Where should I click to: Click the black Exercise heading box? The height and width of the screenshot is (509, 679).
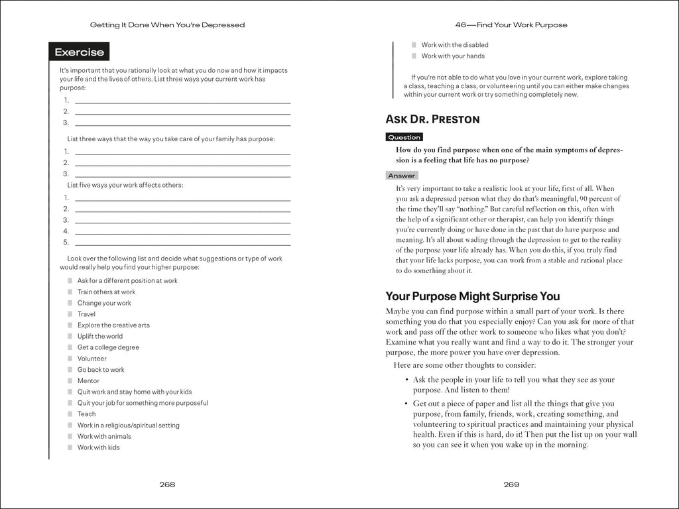click(79, 52)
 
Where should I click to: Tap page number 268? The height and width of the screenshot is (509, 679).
click(167, 484)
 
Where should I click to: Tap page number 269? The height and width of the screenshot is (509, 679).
click(511, 484)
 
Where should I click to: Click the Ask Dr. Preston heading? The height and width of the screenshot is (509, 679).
click(432, 119)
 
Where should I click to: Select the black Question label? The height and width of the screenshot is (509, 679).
click(404, 137)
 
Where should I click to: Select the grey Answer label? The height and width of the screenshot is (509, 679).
click(401, 176)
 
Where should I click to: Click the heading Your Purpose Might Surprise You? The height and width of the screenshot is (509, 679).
click(473, 296)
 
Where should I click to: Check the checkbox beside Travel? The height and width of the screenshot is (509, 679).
click(70, 314)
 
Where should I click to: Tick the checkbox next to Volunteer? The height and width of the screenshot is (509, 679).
click(70, 359)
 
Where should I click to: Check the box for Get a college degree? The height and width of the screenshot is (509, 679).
click(70, 347)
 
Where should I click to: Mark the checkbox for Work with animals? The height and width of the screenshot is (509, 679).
click(70, 436)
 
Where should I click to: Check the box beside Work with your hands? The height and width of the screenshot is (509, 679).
click(414, 56)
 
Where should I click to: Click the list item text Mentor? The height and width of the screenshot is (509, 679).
click(88, 380)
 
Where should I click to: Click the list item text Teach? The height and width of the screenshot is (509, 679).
click(86, 414)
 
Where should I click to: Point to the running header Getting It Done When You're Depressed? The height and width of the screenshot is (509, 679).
click(167, 25)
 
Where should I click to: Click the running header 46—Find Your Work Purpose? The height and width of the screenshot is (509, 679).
click(511, 25)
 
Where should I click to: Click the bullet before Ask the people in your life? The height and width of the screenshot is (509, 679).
click(406, 380)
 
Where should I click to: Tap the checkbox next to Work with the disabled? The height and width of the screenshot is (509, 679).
click(414, 45)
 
